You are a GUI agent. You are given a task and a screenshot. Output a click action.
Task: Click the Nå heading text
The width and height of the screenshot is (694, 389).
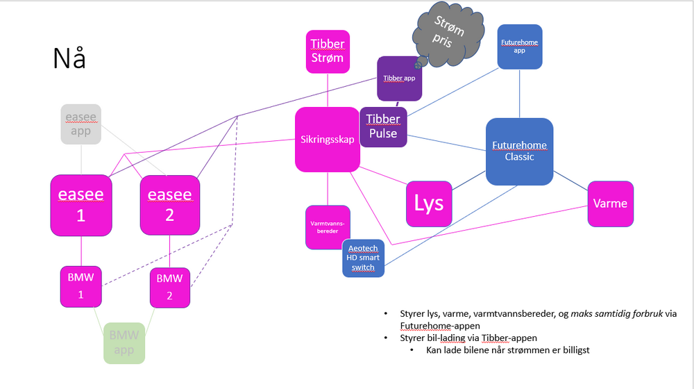[69, 59]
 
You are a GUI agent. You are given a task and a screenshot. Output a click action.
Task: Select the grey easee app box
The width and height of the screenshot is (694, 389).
[81, 124]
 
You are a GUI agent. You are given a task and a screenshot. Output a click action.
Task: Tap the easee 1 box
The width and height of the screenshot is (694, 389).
[81, 206]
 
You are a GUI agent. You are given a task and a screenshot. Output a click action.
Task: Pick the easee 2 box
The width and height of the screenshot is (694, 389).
[170, 206]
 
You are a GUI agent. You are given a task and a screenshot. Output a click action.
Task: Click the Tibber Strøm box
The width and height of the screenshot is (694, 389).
[328, 51]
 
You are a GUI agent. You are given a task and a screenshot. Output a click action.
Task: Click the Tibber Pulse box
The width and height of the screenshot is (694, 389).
[382, 127]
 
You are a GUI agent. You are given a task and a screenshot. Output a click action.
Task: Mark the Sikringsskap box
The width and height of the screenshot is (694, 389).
[328, 140]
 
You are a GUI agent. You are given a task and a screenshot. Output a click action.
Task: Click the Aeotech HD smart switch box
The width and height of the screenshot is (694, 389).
[363, 258]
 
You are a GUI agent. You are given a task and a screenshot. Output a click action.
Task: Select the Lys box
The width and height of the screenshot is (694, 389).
[429, 204]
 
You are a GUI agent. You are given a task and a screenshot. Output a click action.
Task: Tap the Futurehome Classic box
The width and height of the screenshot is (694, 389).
[519, 151]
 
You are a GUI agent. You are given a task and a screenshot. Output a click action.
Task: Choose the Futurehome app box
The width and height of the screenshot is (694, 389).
[520, 47]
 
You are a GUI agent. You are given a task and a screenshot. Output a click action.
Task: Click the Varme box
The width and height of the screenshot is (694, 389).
[611, 204]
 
